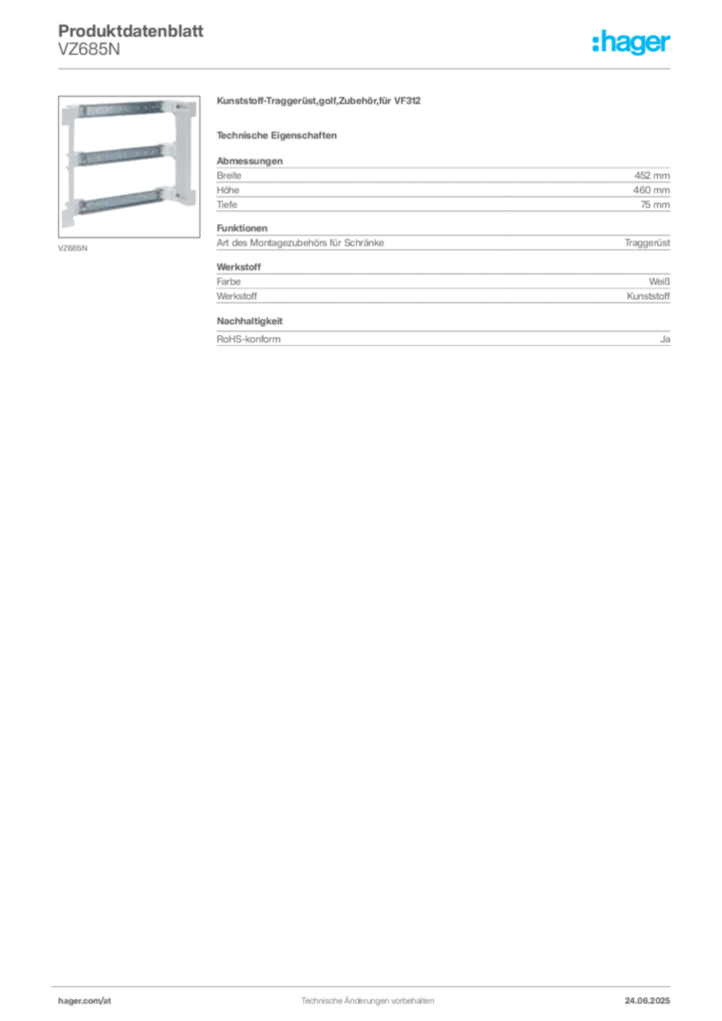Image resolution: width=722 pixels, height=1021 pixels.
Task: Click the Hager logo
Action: (631, 43)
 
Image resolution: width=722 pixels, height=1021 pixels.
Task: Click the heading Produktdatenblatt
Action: (131, 31)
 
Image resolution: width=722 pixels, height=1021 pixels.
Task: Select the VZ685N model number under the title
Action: (89, 50)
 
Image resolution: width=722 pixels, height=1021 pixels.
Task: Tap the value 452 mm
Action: (651, 175)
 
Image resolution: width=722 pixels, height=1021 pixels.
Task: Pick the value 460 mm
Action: (651, 190)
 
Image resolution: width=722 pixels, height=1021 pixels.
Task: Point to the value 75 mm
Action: (655, 204)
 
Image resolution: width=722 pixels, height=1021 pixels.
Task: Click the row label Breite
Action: (229, 175)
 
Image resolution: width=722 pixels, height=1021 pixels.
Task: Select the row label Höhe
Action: (227, 190)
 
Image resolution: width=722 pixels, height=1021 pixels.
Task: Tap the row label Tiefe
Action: (227, 204)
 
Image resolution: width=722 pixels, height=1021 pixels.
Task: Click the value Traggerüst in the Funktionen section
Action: (647, 243)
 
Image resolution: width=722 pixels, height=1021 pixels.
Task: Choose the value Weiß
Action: (659, 281)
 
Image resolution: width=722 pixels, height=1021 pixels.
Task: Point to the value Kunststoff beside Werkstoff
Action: (648, 296)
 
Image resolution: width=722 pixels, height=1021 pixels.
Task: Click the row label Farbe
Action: (228, 281)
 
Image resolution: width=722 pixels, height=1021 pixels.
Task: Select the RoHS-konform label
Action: (248, 339)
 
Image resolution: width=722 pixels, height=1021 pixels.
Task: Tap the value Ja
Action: (665, 339)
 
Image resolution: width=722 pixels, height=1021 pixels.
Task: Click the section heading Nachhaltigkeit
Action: (249, 321)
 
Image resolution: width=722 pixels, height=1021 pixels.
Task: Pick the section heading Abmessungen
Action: (249, 161)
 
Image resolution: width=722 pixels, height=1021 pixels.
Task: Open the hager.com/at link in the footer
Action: (85, 1001)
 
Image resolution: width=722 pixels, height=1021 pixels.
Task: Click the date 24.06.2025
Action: (647, 1001)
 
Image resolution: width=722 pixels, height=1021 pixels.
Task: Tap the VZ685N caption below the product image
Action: (72, 248)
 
